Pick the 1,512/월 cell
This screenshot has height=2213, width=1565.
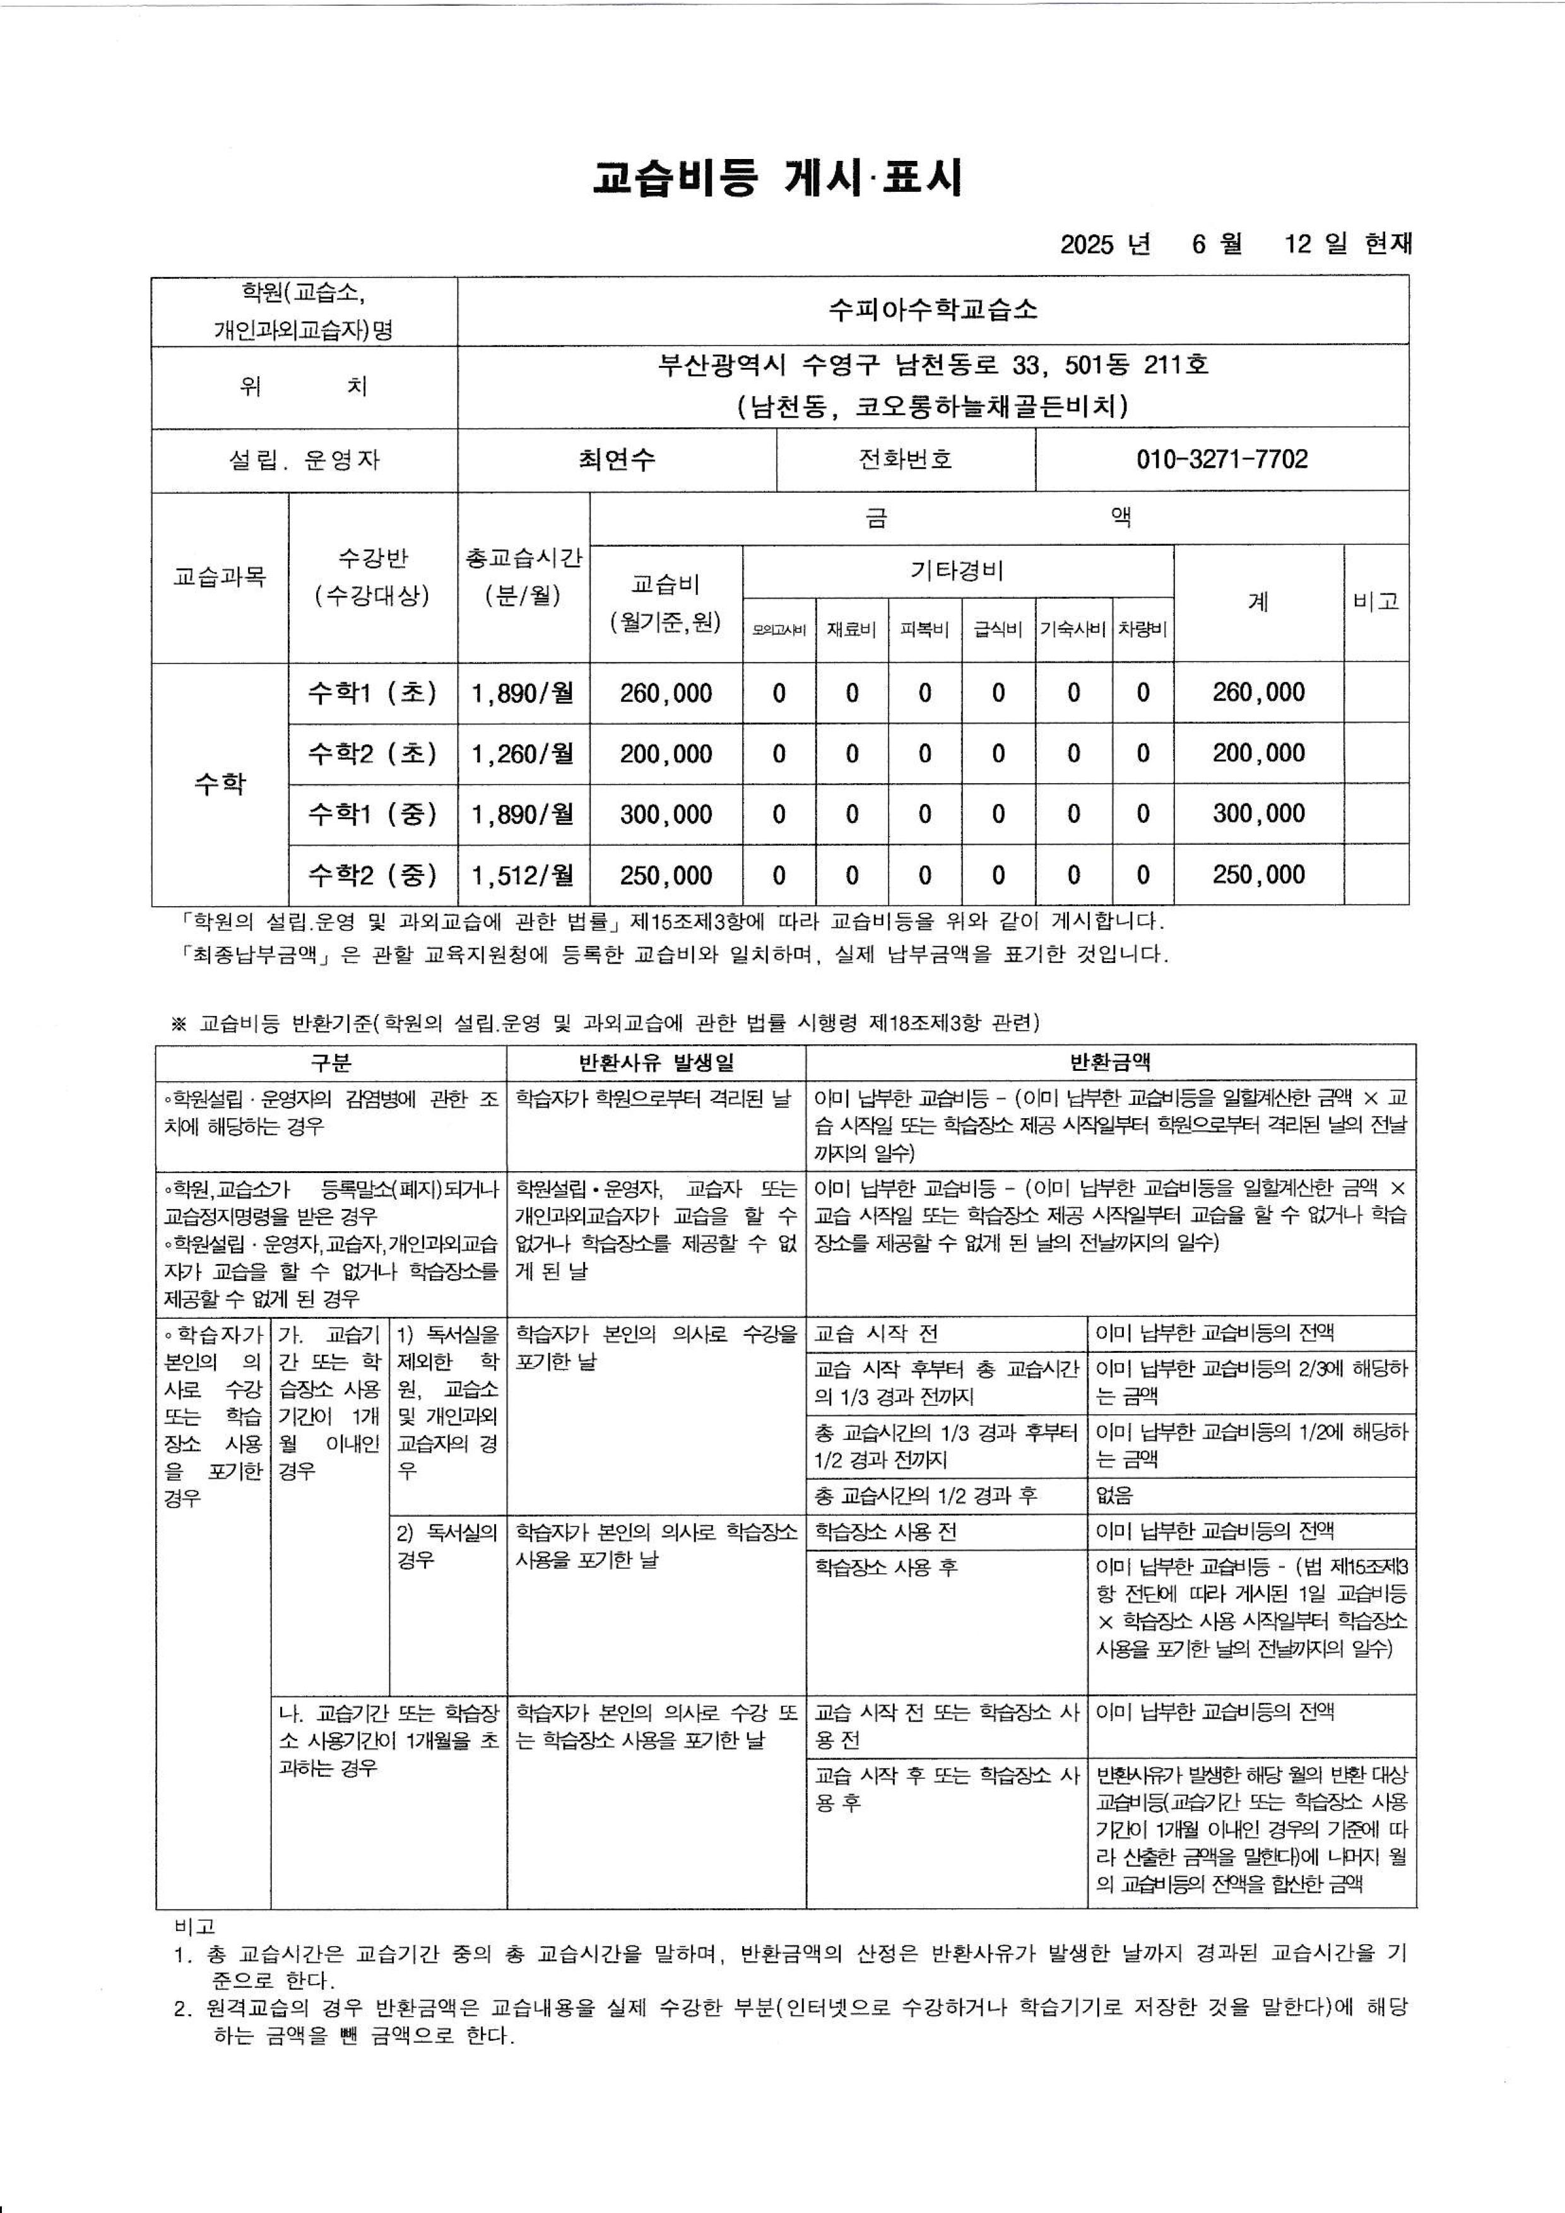[x=523, y=875]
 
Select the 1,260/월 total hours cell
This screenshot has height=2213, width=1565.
[x=523, y=753]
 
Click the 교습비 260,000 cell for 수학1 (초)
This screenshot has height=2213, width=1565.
[x=666, y=693]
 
